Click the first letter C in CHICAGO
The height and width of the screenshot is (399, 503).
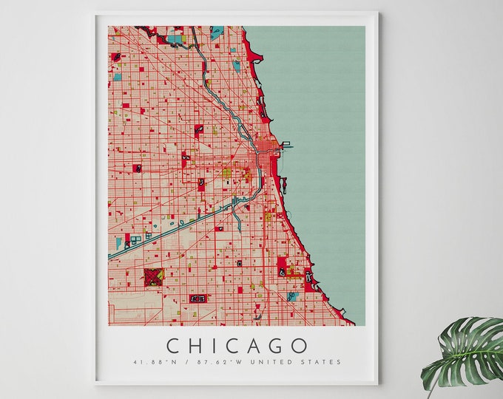tap(172, 346)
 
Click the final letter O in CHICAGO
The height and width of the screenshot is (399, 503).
tap(300, 346)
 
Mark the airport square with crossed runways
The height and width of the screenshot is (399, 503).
tap(153, 277)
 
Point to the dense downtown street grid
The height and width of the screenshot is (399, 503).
tap(264, 160)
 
